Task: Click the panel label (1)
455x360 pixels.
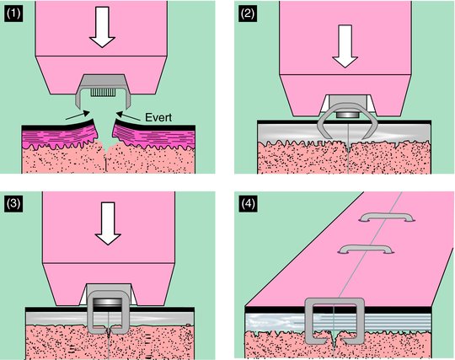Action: tap(13, 14)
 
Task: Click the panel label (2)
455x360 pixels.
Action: tap(248, 14)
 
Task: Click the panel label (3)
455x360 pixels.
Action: tap(13, 203)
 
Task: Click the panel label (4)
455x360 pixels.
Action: tap(248, 203)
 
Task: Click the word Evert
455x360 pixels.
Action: tap(158, 117)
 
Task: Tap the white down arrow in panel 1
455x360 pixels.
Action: tap(102, 27)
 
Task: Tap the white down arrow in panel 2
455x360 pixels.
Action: tap(345, 46)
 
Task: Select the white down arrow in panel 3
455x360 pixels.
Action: tap(108, 223)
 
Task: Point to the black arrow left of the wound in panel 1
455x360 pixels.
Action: tap(78, 115)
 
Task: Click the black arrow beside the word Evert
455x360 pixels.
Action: tap(128, 116)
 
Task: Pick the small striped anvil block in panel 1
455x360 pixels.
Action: tap(103, 93)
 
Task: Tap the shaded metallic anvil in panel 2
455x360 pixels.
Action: tap(348, 115)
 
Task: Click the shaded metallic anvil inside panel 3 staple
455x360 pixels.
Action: tap(108, 302)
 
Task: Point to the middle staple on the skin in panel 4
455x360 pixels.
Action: tap(366, 248)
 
